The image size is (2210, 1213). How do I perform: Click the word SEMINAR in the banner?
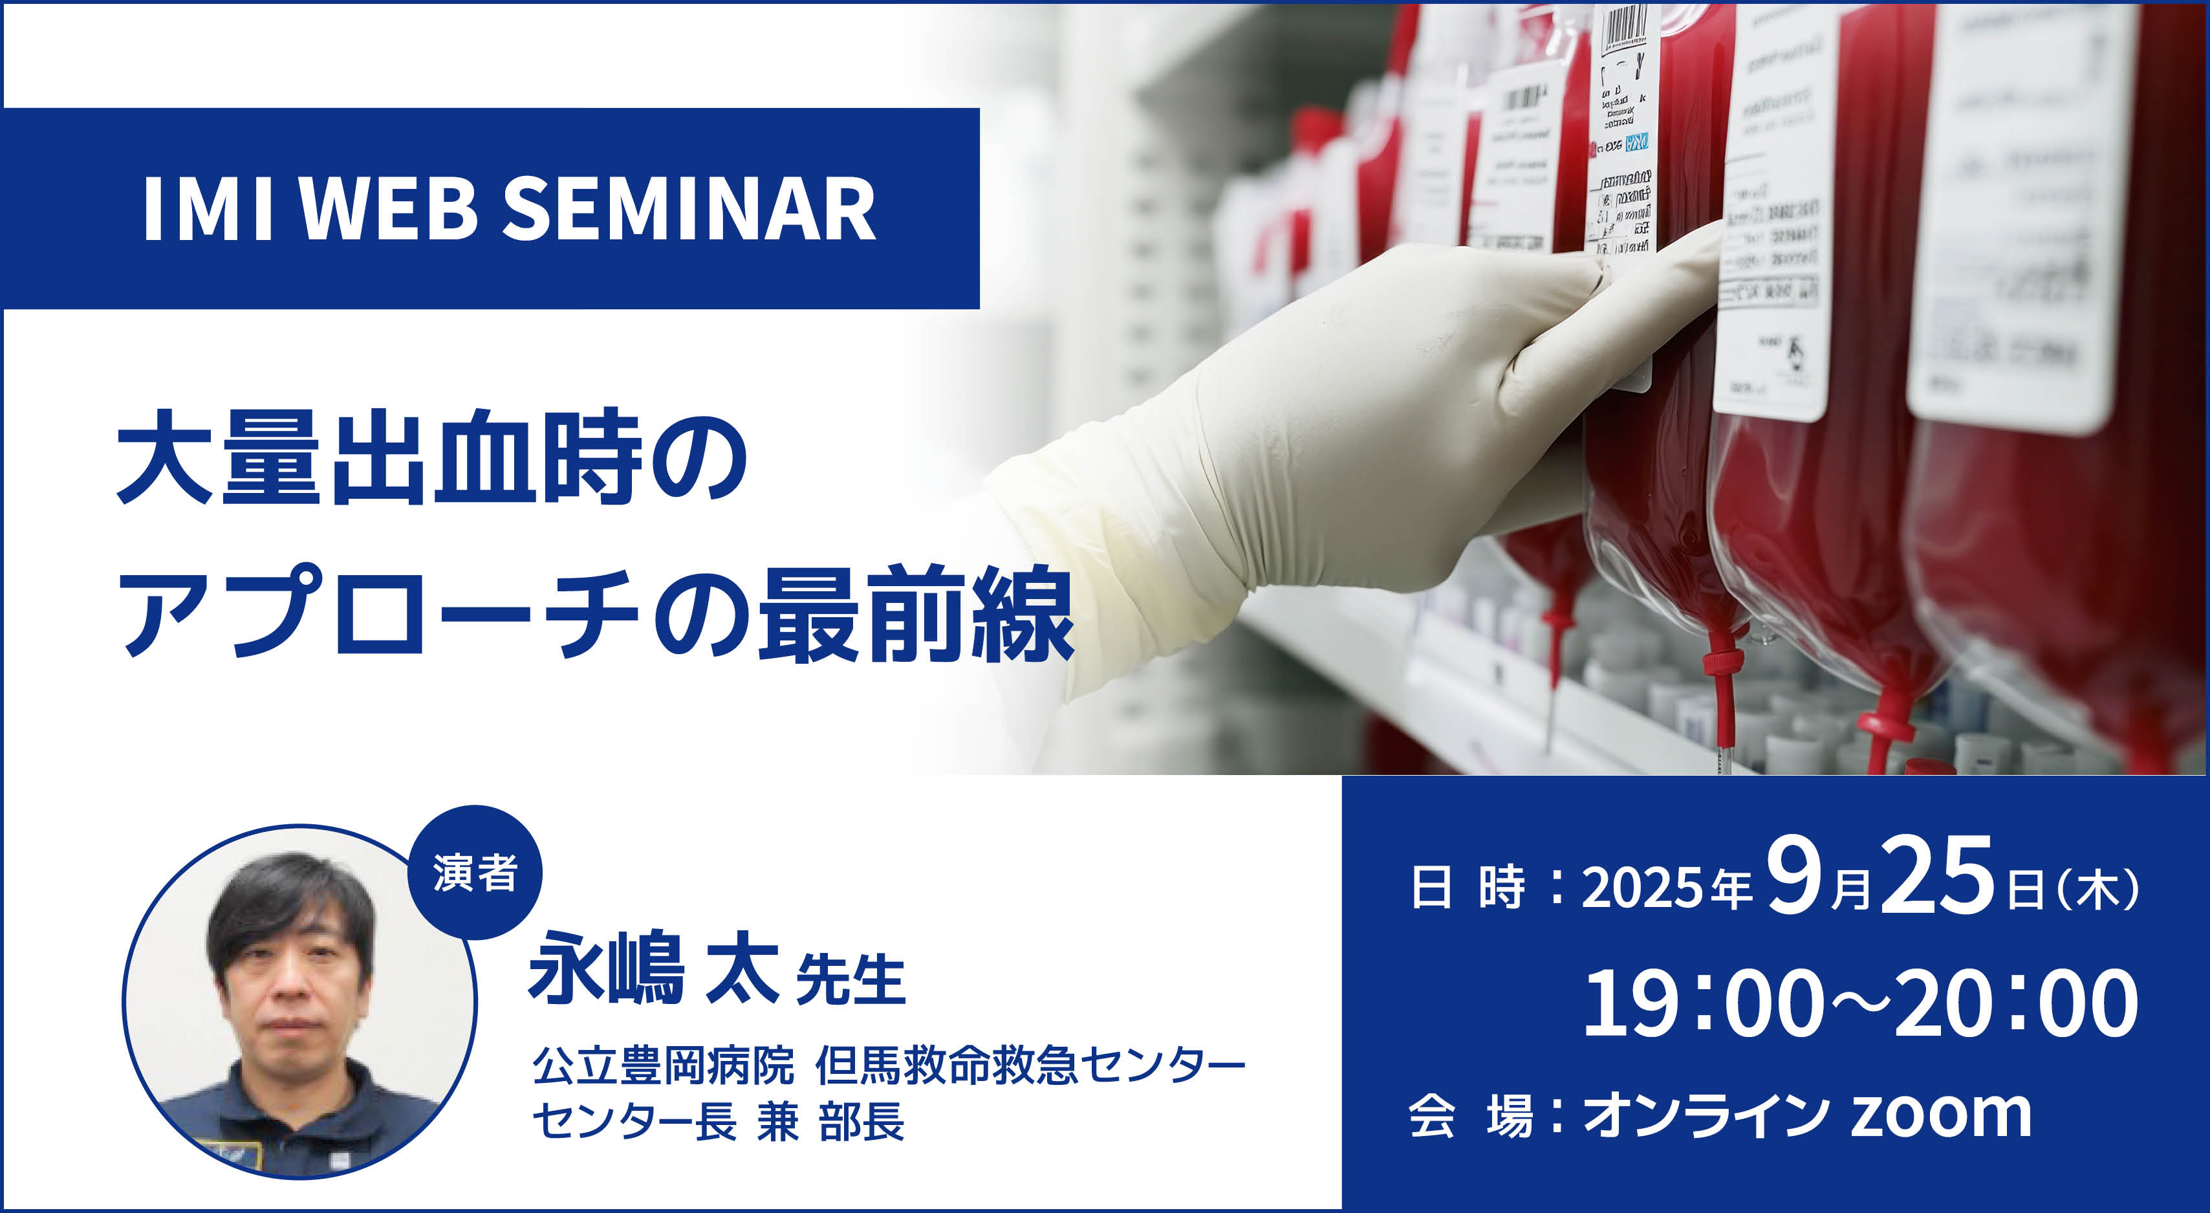coord(688,210)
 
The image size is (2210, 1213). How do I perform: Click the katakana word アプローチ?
coord(378,613)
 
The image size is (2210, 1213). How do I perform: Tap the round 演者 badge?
coord(475,873)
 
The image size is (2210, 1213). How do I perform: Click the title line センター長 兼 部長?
coord(717,1120)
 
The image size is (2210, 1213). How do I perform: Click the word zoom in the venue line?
coord(1940,1115)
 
